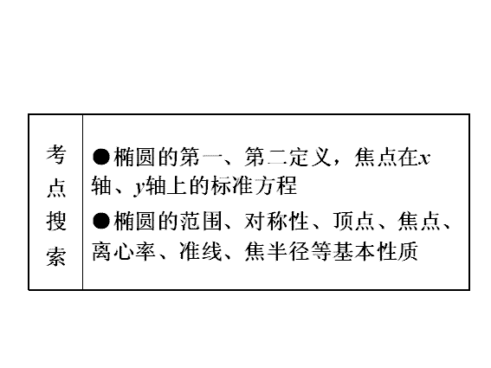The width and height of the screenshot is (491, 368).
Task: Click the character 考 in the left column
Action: [56, 154]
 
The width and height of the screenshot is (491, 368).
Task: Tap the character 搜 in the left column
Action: [56, 221]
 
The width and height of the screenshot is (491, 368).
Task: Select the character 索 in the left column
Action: [56, 257]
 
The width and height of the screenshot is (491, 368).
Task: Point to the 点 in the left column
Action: [56, 188]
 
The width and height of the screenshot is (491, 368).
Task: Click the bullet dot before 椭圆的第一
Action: [100, 157]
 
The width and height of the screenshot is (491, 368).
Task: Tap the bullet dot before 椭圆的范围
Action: [100, 221]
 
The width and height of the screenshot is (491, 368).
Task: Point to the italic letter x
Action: [424, 158]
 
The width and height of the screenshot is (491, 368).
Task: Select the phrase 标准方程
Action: [254, 185]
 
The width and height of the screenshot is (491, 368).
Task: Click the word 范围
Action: [201, 221]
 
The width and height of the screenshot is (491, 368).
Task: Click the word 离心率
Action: [124, 251]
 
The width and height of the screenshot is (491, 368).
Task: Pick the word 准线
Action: [201, 251]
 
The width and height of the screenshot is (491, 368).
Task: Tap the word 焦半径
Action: [277, 251]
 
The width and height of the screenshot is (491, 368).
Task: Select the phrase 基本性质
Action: [375, 251]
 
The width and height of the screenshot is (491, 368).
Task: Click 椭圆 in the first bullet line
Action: [134, 157]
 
